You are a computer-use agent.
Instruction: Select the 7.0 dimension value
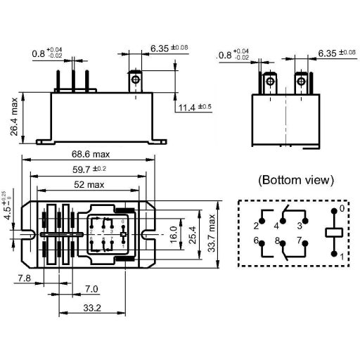click(x=91, y=289)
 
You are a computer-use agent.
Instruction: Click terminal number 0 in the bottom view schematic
click(x=342, y=208)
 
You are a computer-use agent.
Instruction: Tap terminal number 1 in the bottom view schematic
click(x=342, y=257)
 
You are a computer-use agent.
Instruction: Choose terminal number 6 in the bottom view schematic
click(x=257, y=241)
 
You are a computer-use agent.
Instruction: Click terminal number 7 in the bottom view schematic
click(x=300, y=241)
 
